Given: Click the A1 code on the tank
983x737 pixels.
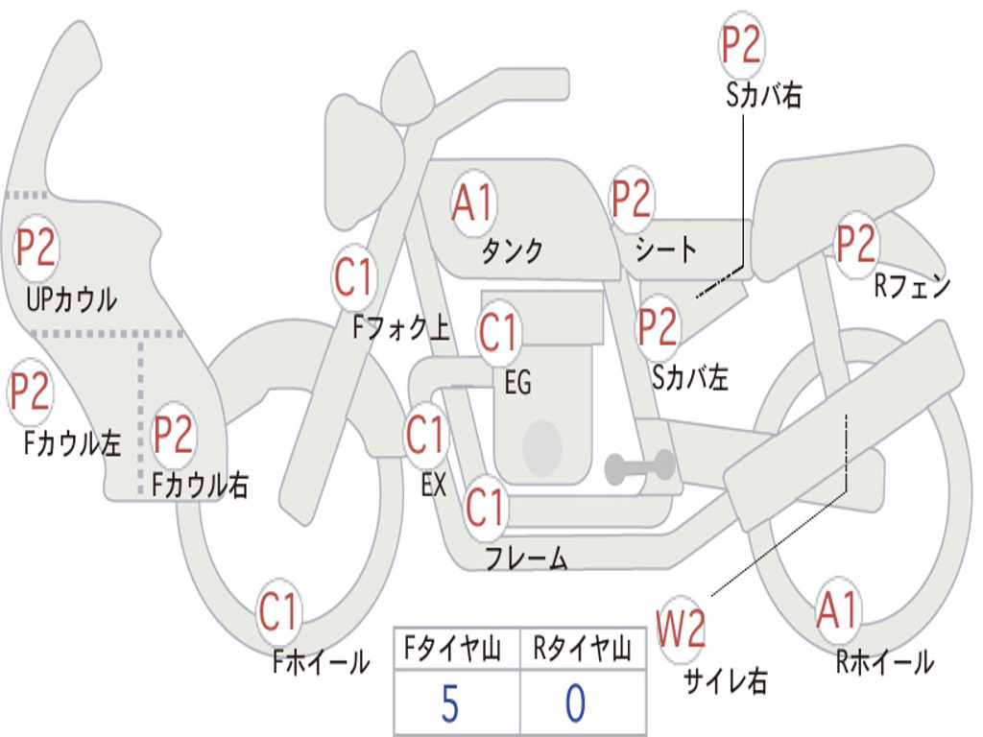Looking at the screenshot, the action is pos(473,204).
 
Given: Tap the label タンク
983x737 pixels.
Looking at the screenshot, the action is pos(513,250).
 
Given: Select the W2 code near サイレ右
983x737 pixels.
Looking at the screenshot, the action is pos(681,628).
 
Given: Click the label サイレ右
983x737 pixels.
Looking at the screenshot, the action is pos(726,680).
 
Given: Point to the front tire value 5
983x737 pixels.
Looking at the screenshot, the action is pos(449,703).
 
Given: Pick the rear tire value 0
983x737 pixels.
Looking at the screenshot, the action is pos(576,703).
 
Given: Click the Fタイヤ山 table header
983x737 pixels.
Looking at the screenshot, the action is pos(453,648).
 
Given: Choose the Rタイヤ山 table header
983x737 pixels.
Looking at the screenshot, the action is pos(582,648).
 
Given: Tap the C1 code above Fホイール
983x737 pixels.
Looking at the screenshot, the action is pos(277,611).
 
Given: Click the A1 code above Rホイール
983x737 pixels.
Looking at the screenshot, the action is pos(837,610).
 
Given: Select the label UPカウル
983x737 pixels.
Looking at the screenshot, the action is pos(71,299).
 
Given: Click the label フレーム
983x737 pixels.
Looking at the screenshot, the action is pos(527,558).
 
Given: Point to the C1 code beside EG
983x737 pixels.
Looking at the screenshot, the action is pos(497,331).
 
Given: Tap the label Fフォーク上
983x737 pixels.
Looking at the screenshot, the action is pos(401,326).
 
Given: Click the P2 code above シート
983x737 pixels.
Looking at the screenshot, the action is pos(632,199).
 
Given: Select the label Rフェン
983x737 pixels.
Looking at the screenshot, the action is pos(912,286).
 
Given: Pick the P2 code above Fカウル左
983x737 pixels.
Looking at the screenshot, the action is pos(29,392).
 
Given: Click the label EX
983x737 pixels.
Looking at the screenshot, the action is pos(434,485).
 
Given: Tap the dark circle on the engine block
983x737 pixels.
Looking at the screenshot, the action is pos(542,447).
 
